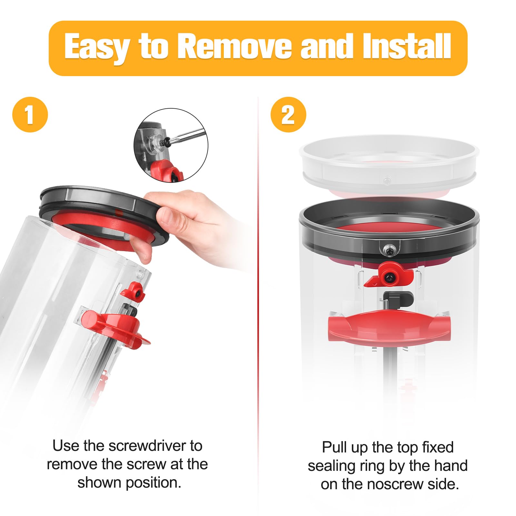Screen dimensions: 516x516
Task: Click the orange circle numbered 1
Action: pos(30,114)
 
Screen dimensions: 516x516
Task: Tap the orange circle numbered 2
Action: pos(288,114)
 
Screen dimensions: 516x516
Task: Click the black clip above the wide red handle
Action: pos(398,299)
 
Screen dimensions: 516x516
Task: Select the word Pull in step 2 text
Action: pos(335,447)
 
